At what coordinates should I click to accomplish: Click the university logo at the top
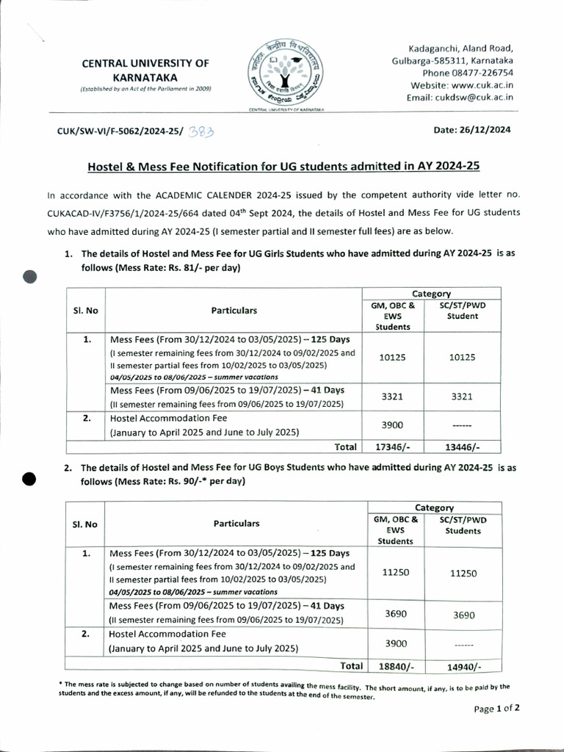pyautogui.click(x=283, y=70)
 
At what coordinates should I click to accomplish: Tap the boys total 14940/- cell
pyautogui.click(x=463, y=665)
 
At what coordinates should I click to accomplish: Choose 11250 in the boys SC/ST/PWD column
pyautogui.click(x=463, y=574)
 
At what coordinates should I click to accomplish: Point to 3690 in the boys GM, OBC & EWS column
pyautogui.click(x=396, y=613)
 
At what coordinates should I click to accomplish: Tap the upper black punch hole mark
pyautogui.click(x=30, y=276)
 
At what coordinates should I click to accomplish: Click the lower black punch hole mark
pyautogui.click(x=29, y=478)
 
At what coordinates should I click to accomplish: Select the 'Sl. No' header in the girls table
pyautogui.click(x=85, y=310)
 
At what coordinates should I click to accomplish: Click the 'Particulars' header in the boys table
pyautogui.click(x=236, y=524)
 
